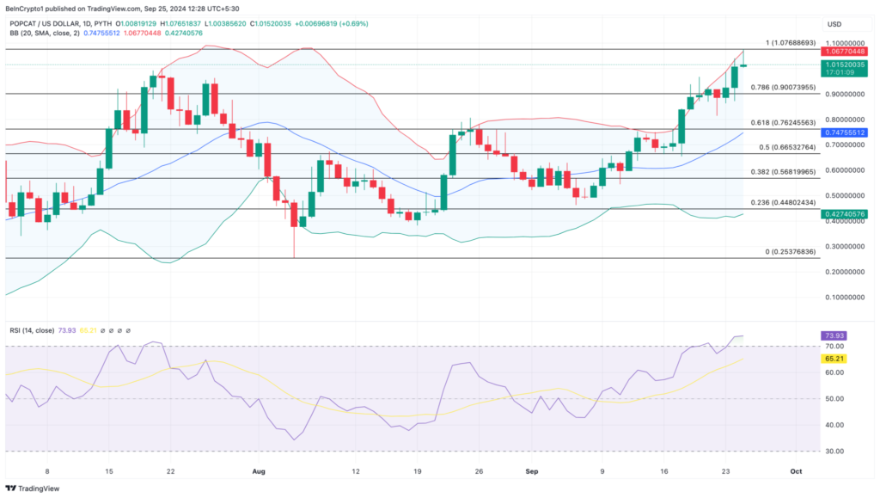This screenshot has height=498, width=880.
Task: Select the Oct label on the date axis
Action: click(x=796, y=471)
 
